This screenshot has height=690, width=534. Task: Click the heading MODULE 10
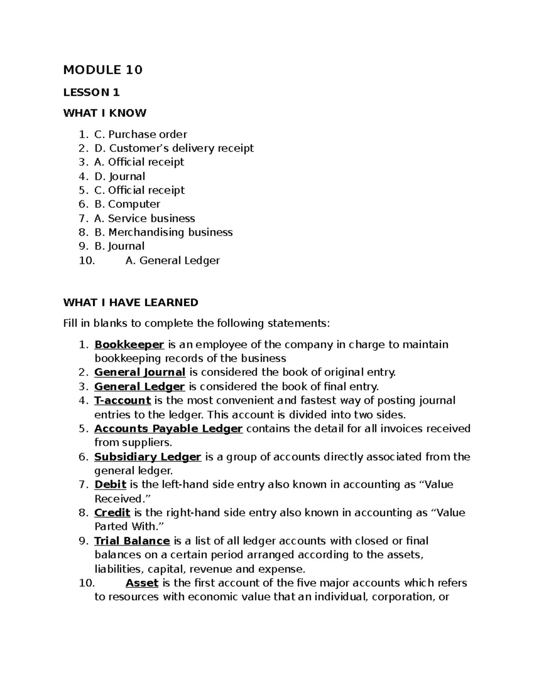pyautogui.click(x=103, y=70)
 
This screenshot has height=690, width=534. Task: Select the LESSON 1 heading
pyautogui.click(x=92, y=92)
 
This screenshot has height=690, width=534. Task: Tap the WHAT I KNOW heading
pyautogui.click(x=105, y=113)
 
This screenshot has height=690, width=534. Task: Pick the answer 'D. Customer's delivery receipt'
pyautogui.click(x=174, y=148)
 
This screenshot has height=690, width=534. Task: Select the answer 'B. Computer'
pyautogui.click(x=127, y=204)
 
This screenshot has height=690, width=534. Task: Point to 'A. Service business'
pyautogui.click(x=145, y=218)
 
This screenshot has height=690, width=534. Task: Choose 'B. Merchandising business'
pyautogui.click(x=163, y=232)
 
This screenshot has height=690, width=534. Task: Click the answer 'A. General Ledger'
pyautogui.click(x=173, y=260)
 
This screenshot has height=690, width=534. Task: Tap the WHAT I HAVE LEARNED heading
pyautogui.click(x=131, y=303)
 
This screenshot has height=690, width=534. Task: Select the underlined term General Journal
pyautogui.click(x=140, y=372)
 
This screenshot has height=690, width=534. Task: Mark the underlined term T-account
pyautogui.click(x=122, y=400)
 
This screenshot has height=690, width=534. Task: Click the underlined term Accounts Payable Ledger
pyautogui.click(x=168, y=429)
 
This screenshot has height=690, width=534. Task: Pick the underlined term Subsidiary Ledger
pyautogui.click(x=148, y=457)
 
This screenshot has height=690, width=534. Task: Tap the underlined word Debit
pyautogui.click(x=110, y=484)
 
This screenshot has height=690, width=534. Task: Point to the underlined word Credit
pyautogui.click(x=112, y=513)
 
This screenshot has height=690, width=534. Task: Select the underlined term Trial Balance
pyautogui.click(x=132, y=541)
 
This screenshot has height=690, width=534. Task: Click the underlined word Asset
pyautogui.click(x=142, y=582)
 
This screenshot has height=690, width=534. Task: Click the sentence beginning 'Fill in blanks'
pyautogui.click(x=197, y=323)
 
